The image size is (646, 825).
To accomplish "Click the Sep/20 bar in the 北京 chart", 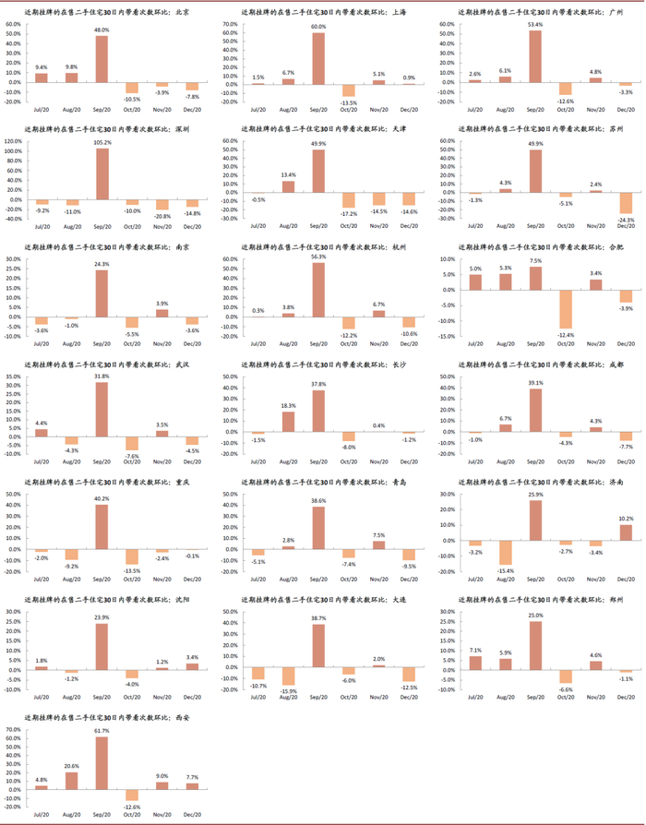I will point(102,59).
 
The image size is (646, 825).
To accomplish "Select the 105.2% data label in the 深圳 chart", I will point(102,142).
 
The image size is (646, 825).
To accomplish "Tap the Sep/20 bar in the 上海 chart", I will point(318,58).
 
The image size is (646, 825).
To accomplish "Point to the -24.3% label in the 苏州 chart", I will point(626,220).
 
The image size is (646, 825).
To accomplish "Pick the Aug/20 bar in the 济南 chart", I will point(505,552).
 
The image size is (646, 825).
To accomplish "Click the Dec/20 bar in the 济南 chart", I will point(626,532).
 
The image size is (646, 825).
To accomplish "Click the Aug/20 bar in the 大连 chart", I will point(288,676).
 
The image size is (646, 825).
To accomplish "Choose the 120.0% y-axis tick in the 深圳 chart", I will point(14,142).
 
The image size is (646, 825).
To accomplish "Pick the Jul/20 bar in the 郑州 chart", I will point(474,662).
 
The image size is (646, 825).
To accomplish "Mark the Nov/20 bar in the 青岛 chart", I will point(378,544).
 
